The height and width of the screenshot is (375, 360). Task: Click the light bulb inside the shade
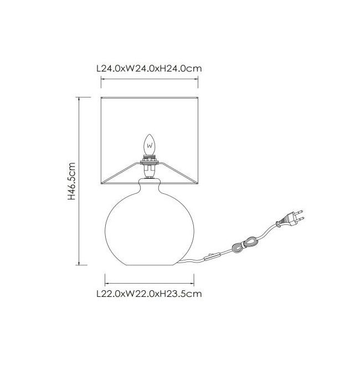click(150, 145)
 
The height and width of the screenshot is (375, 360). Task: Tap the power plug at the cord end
click(290, 219)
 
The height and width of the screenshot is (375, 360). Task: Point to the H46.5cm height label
click(71, 181)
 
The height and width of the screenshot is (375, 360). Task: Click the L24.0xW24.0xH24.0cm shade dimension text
click(150, 68)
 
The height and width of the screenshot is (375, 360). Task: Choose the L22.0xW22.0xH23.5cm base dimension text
click(150, 294)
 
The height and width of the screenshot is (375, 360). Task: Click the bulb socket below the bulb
click(150, 167)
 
